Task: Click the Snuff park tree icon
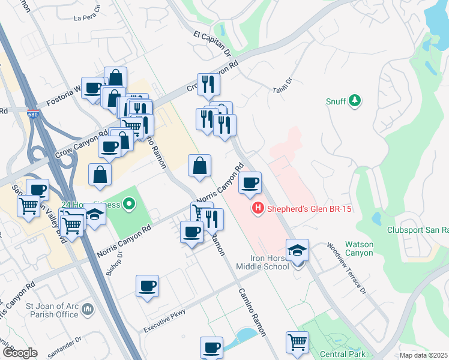(x=355, y=100)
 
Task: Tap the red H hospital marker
(x=257, y=209)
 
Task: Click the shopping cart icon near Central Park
(x=297, y=342)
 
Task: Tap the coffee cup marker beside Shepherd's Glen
(x=250, y=182)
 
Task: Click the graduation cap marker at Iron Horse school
(x=297, y=251)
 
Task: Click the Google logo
(x=20, y=353)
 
